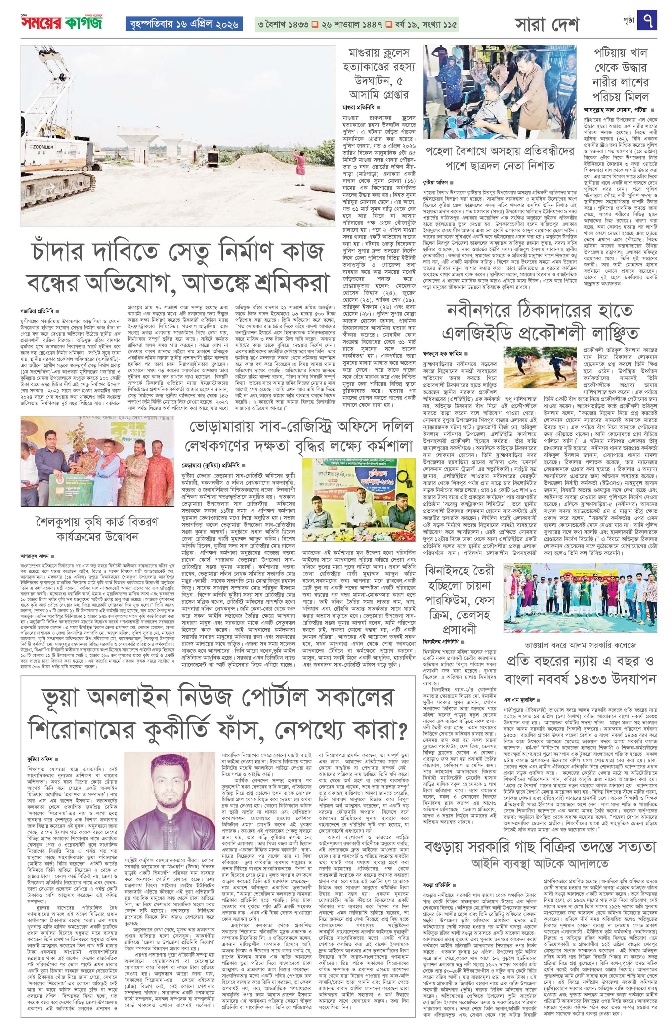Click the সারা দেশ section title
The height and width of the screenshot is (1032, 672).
pyautogui.click(x=547, y=25)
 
